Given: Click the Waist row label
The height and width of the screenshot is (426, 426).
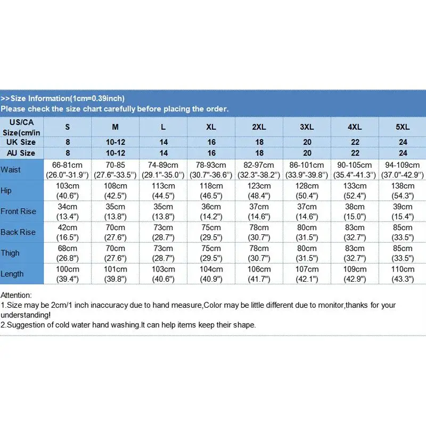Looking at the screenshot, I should pos(11,169).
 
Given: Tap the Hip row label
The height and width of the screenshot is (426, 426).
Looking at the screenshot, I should pos(7,190).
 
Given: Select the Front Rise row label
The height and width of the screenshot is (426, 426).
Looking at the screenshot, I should pos(19,211).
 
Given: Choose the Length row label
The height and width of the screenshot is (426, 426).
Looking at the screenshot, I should pos(12,274).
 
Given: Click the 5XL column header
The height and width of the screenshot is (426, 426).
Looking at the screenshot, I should pos(402,127).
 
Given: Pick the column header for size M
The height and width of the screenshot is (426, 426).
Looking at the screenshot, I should pos(115,127).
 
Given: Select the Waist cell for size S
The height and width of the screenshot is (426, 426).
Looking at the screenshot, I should pos(67,169).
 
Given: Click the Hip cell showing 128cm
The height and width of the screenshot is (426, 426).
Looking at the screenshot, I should pos(307,190).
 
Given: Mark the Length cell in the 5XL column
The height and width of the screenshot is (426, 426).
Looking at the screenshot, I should pos(402,274).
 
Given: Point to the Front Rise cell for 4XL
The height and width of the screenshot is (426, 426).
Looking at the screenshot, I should pos(355,211).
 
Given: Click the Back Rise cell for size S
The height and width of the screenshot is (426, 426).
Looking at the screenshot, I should pos(67,232).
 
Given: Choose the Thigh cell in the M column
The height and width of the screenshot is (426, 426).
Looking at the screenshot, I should pos(115,253).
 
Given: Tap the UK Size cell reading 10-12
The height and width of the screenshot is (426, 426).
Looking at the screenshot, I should pos(115,142).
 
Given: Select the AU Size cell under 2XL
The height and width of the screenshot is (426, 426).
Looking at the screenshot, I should pos(259,153).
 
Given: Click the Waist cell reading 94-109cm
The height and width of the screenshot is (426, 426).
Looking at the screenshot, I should pos(402,169).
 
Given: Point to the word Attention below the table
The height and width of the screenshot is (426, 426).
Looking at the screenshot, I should pos(17,294).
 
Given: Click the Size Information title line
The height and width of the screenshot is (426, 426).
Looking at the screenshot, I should pos(63,98).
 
